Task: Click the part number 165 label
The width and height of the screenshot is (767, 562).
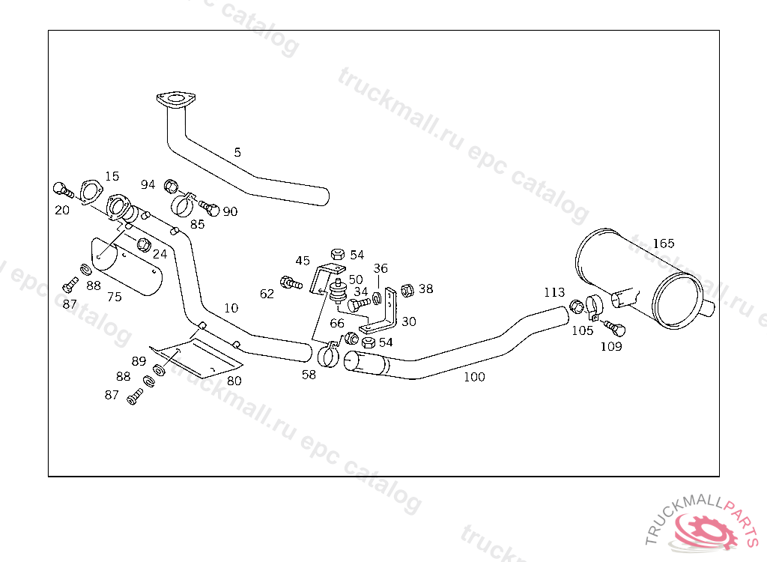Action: coord(664,243)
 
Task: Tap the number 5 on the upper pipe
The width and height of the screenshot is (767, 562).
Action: coord(237,152)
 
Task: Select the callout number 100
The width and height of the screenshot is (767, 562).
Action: coord(474,377)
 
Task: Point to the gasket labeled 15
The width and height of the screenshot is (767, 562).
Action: coord(90,190)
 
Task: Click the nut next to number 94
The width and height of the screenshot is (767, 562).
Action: coord(171,185)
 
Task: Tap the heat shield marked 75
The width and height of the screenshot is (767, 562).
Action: coord(127,266)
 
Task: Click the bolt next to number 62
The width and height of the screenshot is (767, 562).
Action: coord(289,283)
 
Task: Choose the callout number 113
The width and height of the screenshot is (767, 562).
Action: coord(554,292)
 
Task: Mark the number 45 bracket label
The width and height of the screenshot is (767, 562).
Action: coord(303,261)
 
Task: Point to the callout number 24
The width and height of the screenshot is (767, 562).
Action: coord(160,254)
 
